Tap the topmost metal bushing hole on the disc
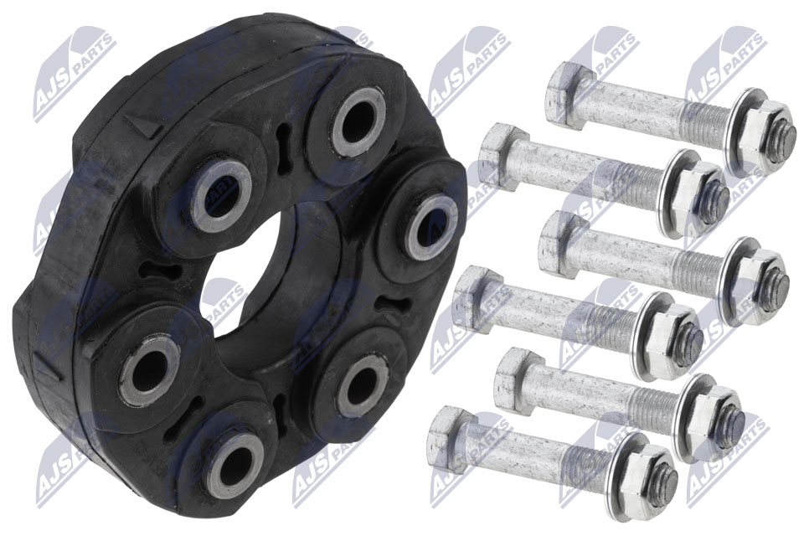358,122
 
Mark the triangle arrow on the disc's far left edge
49,367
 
